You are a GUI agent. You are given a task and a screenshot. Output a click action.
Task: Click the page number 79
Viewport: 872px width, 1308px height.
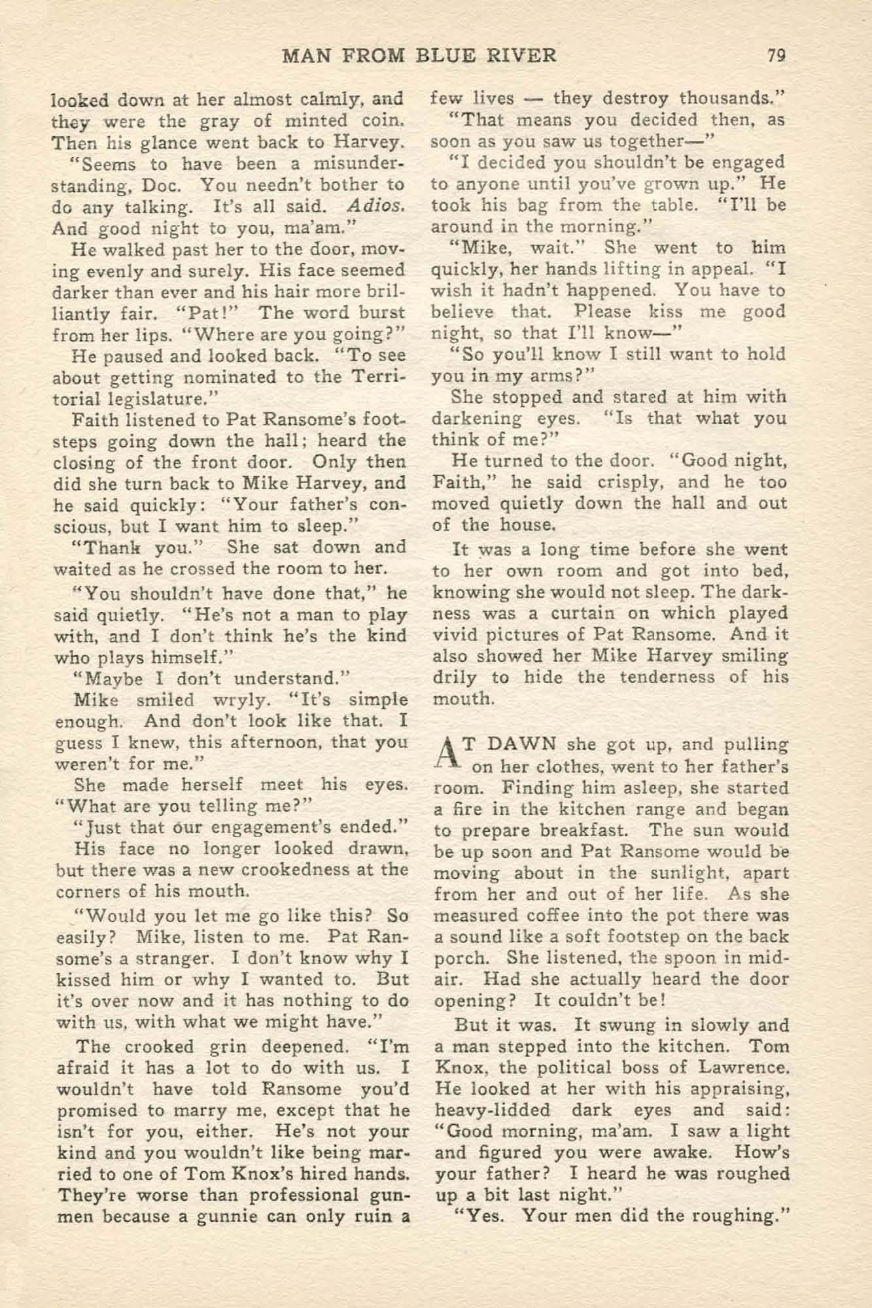[x=776, y=55]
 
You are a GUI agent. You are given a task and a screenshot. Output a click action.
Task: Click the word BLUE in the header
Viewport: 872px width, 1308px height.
[x=445, y=55]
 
